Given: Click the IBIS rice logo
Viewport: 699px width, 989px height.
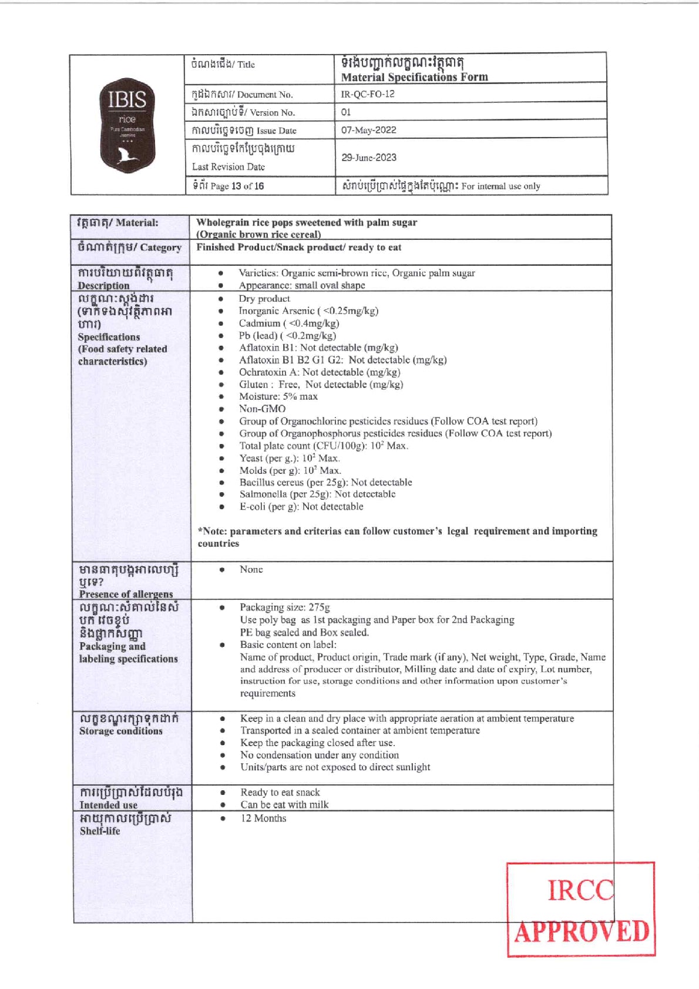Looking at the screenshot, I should coord(127,125).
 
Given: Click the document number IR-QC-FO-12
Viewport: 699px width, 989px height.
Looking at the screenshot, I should coord(368,94).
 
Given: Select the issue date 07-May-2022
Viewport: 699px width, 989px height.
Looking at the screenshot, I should coord(369,130).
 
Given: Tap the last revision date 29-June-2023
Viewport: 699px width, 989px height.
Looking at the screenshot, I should coord(369,158).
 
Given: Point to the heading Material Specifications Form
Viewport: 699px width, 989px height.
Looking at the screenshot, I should coord(414,77).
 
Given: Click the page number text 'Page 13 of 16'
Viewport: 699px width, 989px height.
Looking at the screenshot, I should coord(237,186).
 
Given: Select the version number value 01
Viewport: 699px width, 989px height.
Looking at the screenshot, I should coord(346,112).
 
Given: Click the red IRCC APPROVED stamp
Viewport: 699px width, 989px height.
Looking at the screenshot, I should coord(580,909).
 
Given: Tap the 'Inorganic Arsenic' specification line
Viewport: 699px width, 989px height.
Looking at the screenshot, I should coord(308,311).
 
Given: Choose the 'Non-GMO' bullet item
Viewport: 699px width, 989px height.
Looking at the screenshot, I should coord(262,409).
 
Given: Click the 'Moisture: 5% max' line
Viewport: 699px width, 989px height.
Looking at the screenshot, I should coord(278,396).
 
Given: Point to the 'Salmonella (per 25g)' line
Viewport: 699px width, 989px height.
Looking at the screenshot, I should coord(317,494).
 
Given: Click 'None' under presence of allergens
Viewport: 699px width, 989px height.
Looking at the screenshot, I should coord(251,569).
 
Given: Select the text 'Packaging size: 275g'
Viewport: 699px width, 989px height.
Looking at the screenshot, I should coord(285,607).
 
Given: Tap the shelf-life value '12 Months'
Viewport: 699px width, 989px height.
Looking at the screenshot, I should coord(263,818).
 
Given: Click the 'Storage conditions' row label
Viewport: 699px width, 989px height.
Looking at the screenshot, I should coord(121,731).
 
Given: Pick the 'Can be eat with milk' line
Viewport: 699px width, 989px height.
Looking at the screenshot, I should coord(284,804).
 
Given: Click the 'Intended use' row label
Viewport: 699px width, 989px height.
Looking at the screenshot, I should coord(109,805).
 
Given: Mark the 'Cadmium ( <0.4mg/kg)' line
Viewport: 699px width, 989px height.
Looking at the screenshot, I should coord(289,323).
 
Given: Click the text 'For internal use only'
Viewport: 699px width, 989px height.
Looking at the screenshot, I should coord(500,186).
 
